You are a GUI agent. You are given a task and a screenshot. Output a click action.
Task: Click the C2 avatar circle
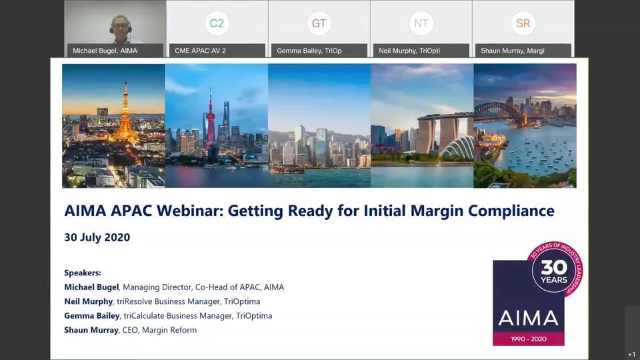point(217,23)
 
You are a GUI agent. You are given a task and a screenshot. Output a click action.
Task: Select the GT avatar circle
point(319,23)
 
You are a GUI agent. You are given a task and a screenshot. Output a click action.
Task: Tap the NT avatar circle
point(421,23)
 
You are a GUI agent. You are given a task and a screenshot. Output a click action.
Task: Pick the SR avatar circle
point(523,23)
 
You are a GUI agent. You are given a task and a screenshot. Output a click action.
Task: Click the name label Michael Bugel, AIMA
point(105,51)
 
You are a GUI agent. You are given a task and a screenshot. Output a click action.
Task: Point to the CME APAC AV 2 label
point(201,51)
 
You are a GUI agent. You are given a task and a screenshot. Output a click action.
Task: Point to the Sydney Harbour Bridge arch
point(497,110)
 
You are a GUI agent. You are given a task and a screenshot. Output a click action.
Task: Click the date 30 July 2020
point(97,237)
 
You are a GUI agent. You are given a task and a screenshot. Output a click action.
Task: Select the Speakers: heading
point(83,273)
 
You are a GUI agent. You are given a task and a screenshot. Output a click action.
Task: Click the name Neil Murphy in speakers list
point(88,301)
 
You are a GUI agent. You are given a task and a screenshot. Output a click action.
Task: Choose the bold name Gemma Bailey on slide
point(92,315)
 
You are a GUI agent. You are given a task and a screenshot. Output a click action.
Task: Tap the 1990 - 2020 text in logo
point(529,339)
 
